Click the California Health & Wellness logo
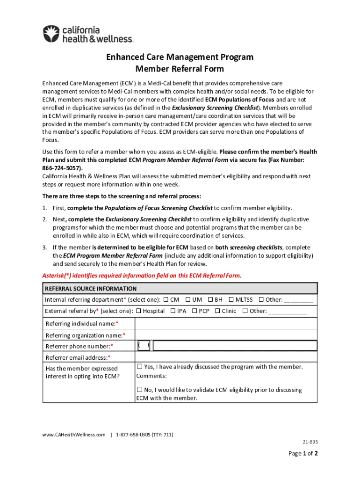88,34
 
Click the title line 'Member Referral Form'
180,69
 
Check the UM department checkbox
188,299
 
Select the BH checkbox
210,299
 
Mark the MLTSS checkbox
231,299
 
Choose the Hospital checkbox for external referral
138,311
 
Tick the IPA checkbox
173,311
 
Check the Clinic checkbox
217,311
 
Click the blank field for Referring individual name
226,324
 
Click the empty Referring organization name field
226,335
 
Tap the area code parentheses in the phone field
144,346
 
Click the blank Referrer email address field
226,357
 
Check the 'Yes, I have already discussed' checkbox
139,366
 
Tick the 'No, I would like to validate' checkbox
139,389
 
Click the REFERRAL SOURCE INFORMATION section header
91,289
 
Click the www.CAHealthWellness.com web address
73,435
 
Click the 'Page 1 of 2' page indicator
303,453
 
